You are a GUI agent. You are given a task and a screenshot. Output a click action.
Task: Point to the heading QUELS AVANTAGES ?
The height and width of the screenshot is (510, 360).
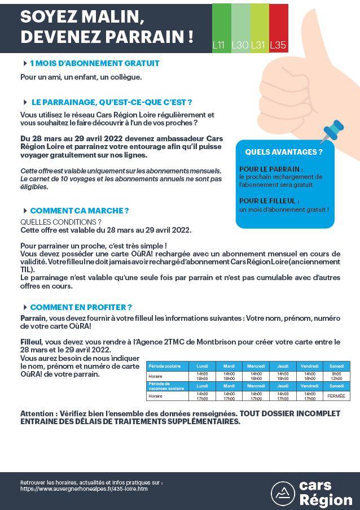coord(284,152)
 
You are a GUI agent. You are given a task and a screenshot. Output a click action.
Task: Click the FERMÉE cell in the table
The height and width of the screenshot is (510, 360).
coord(336,396)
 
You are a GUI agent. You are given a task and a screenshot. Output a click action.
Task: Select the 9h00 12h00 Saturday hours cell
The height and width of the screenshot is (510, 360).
coord(336,376)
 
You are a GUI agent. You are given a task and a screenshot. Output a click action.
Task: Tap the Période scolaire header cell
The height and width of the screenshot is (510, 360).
coord(167,366)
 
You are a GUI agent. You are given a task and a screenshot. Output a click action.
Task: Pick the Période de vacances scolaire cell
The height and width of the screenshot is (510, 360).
coord(167,386)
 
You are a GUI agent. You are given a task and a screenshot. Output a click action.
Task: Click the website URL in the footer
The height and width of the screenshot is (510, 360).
coord(84,489)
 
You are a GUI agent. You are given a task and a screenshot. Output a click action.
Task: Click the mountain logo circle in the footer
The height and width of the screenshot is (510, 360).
coord(283,493)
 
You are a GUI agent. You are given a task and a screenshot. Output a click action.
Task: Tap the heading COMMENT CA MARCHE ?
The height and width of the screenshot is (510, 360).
coord(80,211)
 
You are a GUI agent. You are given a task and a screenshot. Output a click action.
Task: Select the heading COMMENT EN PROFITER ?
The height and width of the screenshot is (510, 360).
coord(81,307)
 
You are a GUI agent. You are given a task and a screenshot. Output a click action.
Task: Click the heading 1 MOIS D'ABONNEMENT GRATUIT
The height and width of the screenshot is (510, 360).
coord(95,63)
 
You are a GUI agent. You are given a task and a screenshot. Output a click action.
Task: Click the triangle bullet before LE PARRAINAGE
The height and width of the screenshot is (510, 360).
coord(25,102)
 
